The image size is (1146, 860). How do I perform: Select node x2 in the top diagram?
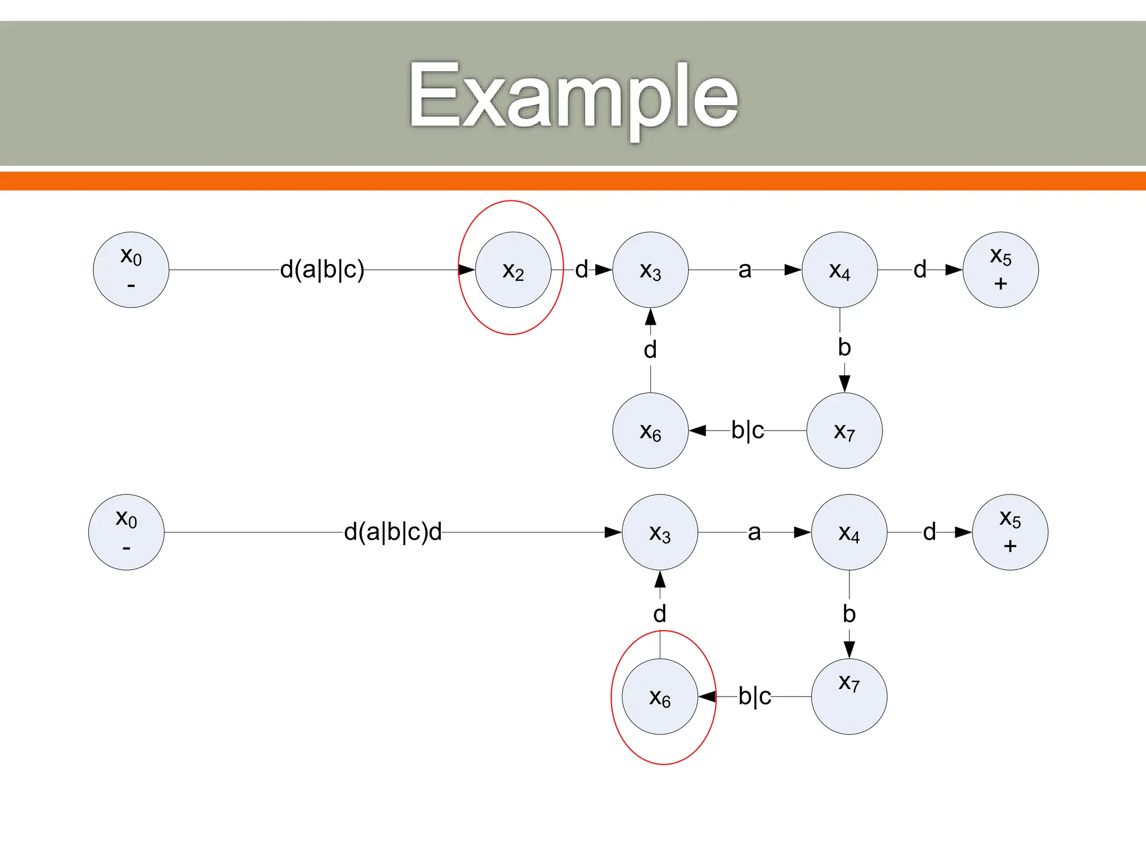[513, 270]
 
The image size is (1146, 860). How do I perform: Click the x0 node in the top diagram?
[131, 270]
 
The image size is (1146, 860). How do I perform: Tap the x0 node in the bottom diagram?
[126, 532]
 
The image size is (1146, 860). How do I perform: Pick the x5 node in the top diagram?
[1001, 270]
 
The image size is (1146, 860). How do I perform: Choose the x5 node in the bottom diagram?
[1010, 532]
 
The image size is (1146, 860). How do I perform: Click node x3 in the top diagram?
[650, 270]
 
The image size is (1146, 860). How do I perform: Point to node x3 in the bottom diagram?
[660, 532]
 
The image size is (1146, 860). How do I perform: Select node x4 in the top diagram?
[839, 270]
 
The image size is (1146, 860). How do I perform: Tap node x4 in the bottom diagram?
[849, 532]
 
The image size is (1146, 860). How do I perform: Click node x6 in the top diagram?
[650, 431]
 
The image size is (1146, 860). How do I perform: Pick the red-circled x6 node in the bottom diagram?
[660, 697]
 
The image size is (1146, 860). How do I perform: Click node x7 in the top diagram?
[844, 431]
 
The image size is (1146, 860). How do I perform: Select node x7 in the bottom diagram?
[849, 697]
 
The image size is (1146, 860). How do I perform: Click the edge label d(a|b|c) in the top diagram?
[322, 269]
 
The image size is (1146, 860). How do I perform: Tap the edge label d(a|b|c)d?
[393, 532]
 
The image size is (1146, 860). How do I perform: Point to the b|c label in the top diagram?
[748, 431]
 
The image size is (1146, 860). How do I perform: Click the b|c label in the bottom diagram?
[755, 697]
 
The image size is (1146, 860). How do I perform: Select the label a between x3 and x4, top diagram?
[744, 270]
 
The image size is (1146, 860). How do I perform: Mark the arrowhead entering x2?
[467, 270]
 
